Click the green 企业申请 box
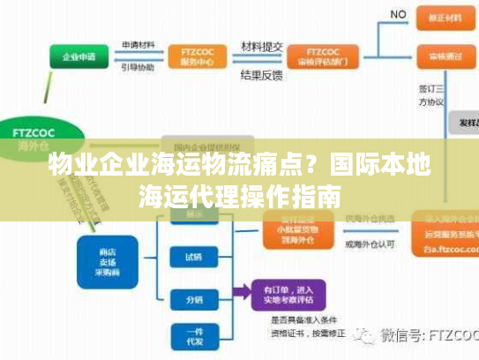point(79,58)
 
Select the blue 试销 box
point(192,258)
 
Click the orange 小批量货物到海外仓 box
point(296,231)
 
